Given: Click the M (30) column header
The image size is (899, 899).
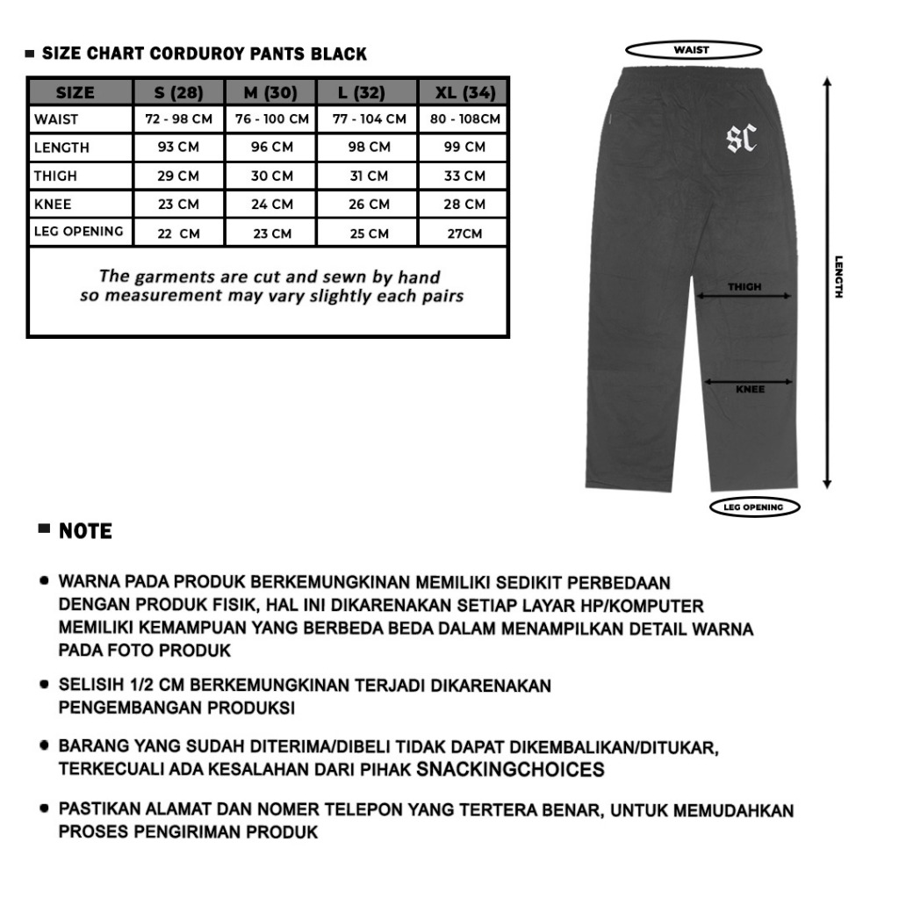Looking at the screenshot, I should [x=272, y=92].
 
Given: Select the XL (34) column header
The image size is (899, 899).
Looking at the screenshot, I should [x=464, y=92].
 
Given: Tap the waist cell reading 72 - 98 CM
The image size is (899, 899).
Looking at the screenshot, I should [x=178, y=119].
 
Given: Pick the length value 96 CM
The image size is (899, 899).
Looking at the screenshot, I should [x=272, y=147].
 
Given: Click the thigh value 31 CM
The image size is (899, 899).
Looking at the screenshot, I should [x=369, y=176].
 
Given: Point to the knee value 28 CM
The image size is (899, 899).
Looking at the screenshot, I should [x=464, y=204].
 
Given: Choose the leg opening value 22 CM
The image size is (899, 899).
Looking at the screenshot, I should [x=178, y=234].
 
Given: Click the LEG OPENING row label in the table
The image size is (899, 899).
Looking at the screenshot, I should [x=78, y=232].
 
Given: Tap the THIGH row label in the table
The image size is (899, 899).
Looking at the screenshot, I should [x=55, y=176].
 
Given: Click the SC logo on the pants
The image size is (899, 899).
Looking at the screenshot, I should [x=742, y=139].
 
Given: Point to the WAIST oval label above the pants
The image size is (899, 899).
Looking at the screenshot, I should [x=692, y=50].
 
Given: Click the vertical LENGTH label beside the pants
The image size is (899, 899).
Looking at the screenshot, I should [x=838, y=277].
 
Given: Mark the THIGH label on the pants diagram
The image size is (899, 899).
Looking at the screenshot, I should [x=744, y=287].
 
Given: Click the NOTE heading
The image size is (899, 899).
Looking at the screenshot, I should [x=85, y=531].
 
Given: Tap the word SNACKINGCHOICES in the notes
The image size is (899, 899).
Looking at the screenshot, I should [x=511, y=770].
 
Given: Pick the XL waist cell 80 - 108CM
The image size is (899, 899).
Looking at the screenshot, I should [x=464, y=119].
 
